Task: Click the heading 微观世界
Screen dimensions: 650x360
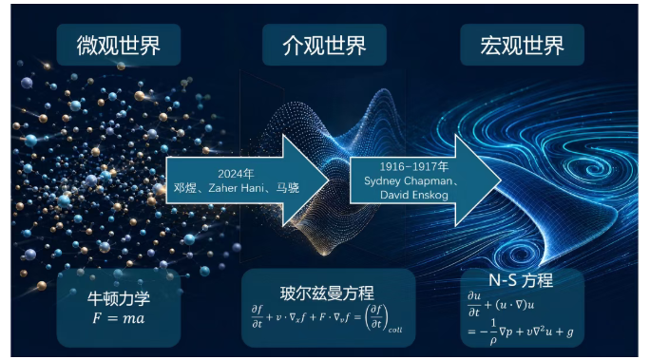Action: (118, 46)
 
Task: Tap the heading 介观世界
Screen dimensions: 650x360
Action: (324, 46)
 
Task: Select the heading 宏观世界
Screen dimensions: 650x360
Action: (522, 46)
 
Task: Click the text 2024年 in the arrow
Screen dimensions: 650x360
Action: (236, 174)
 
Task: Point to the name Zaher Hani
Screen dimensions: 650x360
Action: (236, 188)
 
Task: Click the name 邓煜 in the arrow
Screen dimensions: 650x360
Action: (184, 188)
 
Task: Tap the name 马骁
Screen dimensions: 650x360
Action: (288, 188)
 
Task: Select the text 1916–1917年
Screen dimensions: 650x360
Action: (414, 166)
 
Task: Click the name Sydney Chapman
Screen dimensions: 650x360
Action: (409, 181)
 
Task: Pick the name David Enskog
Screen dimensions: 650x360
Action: (414, 195)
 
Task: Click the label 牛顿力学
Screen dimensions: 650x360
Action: (119, 298)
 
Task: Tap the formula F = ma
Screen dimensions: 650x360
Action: (119, 318)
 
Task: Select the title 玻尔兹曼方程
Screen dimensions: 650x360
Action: (327, 294)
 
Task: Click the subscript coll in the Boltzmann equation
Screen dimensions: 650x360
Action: (395, 331)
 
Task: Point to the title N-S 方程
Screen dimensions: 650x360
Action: (521, 280)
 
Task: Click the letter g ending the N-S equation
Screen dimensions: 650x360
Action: (570, 332)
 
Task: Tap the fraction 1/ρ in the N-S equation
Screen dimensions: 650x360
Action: (493, 332)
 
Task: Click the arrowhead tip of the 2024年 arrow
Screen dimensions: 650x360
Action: (330, 180)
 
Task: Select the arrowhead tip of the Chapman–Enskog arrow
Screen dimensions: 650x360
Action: (502, 180)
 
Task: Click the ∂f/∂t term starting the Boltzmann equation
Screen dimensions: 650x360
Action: (257, 316)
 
